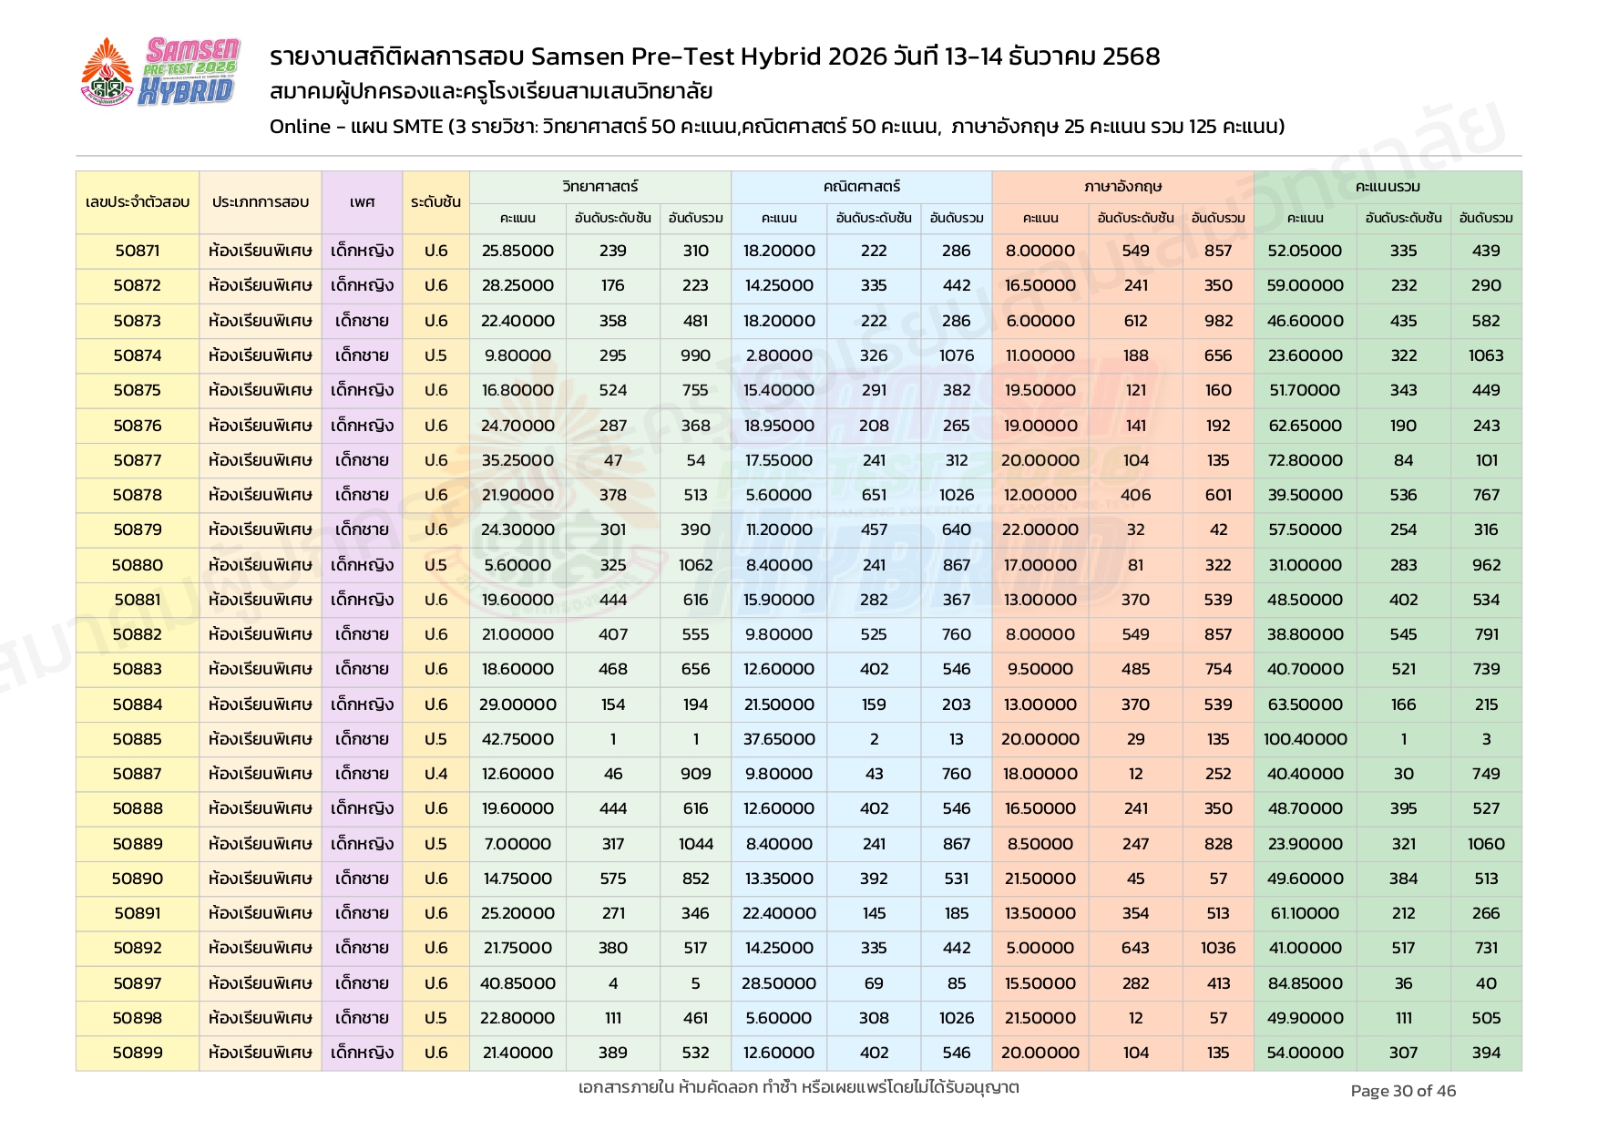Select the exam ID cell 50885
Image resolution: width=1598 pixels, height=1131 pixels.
tap(138, 739)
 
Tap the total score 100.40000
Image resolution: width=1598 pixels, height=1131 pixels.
tap(1305, 739)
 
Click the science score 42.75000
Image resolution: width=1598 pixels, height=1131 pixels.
tap(517, 739)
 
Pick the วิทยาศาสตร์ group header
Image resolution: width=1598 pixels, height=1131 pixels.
tap(599, 187)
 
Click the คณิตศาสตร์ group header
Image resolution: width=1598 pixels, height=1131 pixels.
tap(861, 187)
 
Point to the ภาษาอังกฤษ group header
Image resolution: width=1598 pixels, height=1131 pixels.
tap(1122, 187)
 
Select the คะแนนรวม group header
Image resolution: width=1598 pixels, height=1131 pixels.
tap(1388, 187)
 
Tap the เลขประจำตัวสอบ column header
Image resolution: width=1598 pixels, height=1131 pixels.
tap(138, 202)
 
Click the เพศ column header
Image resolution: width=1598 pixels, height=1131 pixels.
tap(362, 202)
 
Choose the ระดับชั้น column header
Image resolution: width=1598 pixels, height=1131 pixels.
tap(435, 202)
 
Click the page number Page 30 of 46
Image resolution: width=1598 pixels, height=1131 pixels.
tap(1403, 1091)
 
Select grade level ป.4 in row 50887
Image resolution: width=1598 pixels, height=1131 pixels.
tap(435, 774)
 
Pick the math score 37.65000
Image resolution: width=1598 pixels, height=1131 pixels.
tap(779, 739)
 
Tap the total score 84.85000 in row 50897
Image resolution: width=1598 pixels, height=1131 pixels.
tap(1305, 983)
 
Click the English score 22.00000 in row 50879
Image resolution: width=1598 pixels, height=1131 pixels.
tap(1040, 530)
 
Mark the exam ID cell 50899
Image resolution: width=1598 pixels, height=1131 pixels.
tap(138, 1053)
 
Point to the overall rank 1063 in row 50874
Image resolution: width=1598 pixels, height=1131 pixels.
tap(1486, 355)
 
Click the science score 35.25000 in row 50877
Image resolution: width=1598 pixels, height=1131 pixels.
tap(517, 460)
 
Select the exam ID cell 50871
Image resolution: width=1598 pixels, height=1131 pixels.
tap(138, 251)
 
